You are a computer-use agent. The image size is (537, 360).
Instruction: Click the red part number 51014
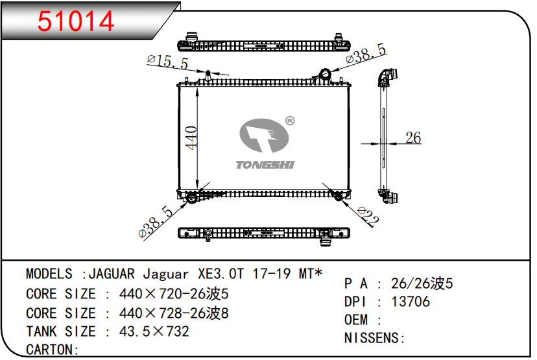pos(76,21)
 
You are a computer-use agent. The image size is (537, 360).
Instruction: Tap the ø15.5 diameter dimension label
pos(168,62)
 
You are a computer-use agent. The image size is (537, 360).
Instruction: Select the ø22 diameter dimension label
pos(368,217)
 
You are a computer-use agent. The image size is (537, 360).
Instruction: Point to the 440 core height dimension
pos(191,138)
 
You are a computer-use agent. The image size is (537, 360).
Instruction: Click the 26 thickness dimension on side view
pos(413,138)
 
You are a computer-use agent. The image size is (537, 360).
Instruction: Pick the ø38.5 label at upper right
pos(366,54)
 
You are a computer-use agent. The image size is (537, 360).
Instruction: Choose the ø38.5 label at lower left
pos(156,222)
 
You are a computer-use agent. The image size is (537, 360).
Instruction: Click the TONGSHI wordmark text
pos(265,165)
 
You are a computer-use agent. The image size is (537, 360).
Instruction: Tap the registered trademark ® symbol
pos(290,121)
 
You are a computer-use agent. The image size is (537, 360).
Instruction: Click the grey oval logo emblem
pos(264,136)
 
